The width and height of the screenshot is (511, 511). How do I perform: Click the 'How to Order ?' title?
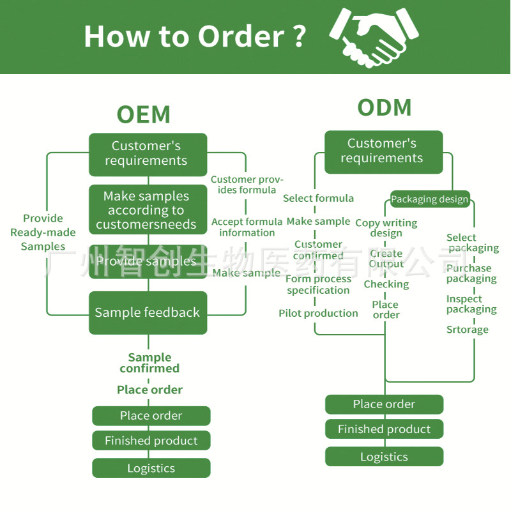[x=195, y=36]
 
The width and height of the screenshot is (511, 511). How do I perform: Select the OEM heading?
[x=144, y=115]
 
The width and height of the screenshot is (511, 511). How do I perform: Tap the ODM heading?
[x=384, y=108]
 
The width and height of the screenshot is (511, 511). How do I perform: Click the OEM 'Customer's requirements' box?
[x=148, y=154]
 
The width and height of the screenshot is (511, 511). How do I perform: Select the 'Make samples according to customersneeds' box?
[x=148, y=210]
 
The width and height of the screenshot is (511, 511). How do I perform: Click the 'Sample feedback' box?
[x=148, y=312]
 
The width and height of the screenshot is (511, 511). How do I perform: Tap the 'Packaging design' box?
[x=430, y=199]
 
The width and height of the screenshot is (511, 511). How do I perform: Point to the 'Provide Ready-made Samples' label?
[x=43, y=233]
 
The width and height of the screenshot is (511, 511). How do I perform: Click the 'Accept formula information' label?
[x=247, y=227]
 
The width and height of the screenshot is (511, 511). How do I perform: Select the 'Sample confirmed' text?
[x=149, y=363]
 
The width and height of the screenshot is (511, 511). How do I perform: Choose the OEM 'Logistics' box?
[x=151, y=468]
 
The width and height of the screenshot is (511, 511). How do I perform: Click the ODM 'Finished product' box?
[x=384, y=429]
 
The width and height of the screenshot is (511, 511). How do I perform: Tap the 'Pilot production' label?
[x=318, y=313]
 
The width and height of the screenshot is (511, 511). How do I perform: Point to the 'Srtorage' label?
[x=467, y=330]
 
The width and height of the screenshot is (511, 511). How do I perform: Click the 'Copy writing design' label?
[x=386, y=228]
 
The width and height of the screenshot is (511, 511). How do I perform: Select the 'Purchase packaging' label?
[x=471, y=273]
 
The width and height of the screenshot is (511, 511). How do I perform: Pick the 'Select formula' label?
[x=318, y=198]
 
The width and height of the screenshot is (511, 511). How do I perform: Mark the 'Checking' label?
[x=386, y=284]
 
